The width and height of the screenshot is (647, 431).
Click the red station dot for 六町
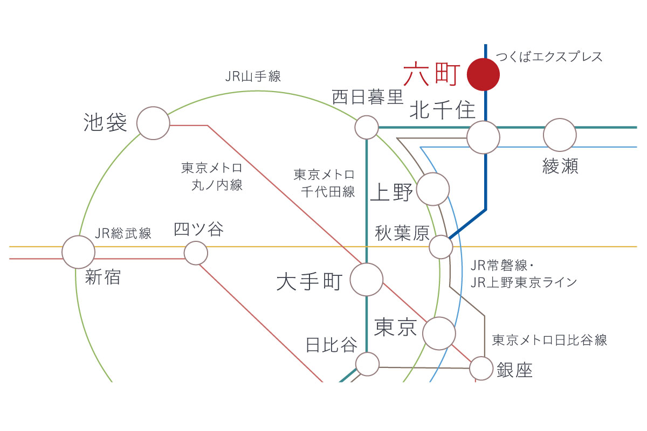[x=483, y=74]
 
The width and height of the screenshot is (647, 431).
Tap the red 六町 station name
[x=431, y=74]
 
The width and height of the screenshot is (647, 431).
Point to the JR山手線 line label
[x=253, y=77]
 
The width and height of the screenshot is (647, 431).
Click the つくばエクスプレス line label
[x=549, y=57]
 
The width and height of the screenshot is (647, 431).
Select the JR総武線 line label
[x=123, y=233]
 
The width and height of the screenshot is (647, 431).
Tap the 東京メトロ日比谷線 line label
[x=549, y=340]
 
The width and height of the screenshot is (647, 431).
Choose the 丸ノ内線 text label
[x=217, y=185]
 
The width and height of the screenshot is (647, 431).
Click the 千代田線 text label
[x=328, y=192]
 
